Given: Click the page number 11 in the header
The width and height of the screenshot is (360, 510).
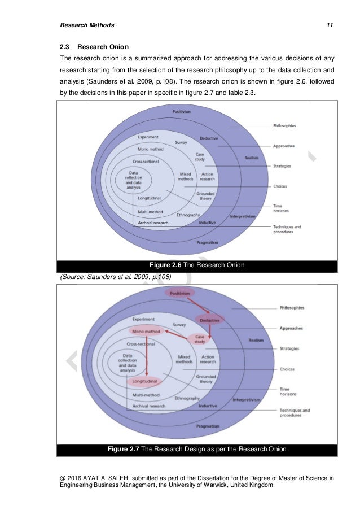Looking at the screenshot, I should [x=330, y=25].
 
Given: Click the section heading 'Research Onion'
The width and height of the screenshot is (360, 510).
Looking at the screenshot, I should [x=98, y=47].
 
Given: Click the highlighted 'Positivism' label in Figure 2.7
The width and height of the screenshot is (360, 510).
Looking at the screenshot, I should [x=180, y=293].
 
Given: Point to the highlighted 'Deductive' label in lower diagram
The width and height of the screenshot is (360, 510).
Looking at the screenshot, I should [x=209, y=320].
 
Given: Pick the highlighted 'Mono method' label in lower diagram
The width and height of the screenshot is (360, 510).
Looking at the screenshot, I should [x=146, y=331].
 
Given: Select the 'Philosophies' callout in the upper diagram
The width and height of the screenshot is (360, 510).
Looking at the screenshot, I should [x=284, y=125].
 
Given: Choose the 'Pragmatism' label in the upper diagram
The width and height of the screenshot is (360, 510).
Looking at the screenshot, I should [x=208, y=242].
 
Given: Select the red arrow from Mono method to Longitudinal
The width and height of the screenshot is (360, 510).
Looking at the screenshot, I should [x=146, y=356].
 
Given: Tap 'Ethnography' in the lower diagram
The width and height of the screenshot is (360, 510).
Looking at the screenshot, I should [x=188, y=398].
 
